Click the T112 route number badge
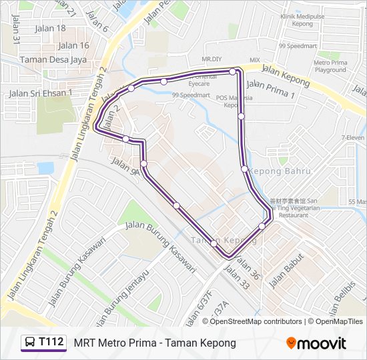(x=51, y=343)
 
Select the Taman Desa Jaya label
(x=54, y=59)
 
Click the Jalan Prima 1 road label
(x=270, y=90)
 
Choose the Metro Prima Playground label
(x=330, y=66)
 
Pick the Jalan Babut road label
(x=286, y=271)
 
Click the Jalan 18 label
(x=50, y=29)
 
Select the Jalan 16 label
(x=73, y=45)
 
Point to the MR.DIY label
(x=211, y=59)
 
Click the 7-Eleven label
(x=353, y=137)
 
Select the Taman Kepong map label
(x=214, y=239)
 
